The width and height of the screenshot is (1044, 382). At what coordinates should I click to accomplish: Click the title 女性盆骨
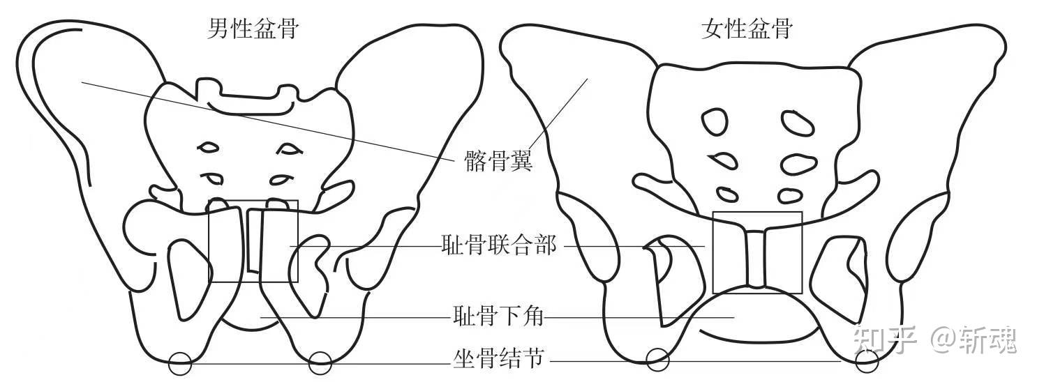click(x=747, y=29)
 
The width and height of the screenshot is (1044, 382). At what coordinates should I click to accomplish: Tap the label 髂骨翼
click(x=498, y=162)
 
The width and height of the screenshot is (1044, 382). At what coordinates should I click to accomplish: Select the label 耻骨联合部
click(x=499, y=245)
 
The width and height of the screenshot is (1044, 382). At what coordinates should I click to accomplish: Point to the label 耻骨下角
click(x=498, y=319)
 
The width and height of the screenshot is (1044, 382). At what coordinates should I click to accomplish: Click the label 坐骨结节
click(x=498, y=360)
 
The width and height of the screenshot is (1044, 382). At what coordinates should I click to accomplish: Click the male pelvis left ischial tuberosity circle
click(x=179, y=362)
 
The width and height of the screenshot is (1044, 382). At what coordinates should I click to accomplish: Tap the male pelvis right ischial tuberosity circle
click(x=320, y=362)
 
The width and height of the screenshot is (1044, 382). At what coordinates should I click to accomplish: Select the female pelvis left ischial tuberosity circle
click(x=657, y=360)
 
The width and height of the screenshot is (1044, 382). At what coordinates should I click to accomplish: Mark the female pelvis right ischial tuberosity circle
click(x=866, y=360)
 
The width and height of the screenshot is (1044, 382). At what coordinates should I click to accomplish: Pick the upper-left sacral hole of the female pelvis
click(x=715, y=122)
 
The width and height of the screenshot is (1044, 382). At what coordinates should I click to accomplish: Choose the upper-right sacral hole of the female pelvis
click(x=797, y=123)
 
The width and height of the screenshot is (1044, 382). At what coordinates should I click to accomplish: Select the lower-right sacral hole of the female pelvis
click(x=789, y=196)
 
